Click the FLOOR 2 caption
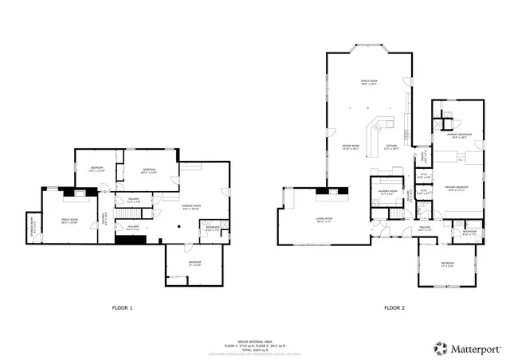[x=394, y=307]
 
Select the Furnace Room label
[x=190, y=206]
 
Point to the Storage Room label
[x=32, y=222]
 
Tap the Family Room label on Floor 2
[x=369, y=81]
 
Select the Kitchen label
[x=391, y=147]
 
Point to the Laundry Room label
[x=388, y=192]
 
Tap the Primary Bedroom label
[x=457, y=188]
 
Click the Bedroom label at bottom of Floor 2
[x=447, y=264]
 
